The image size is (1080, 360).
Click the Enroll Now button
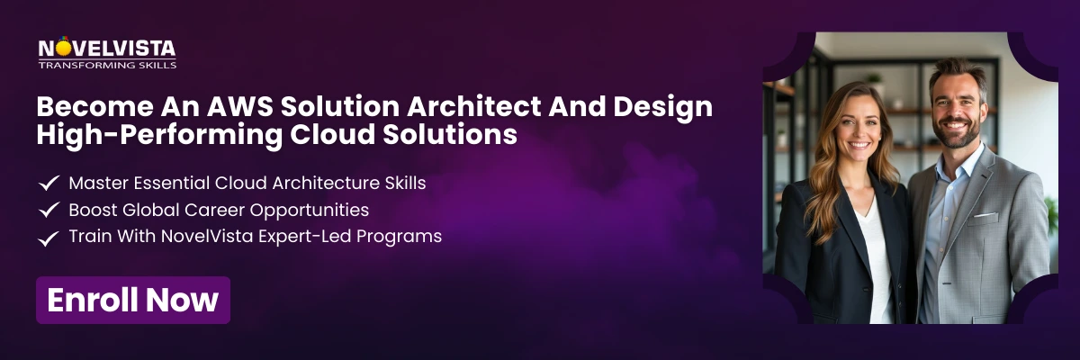click(133, 300)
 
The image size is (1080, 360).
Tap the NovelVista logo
click(107, 49)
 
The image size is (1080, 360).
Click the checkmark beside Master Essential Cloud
click(49, 184)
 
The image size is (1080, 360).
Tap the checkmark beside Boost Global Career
click(49, 211)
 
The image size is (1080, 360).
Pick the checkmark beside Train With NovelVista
click(49, 238)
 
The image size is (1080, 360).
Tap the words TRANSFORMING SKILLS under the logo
click(107, 65)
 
